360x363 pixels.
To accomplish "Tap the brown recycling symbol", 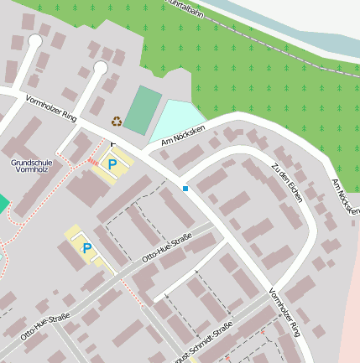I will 117,121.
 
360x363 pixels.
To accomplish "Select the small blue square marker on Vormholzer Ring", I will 185,189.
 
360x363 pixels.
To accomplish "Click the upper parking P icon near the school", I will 112,164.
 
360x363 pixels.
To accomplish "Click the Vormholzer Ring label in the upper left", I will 51,110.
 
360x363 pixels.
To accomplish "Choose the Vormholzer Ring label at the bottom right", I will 284,313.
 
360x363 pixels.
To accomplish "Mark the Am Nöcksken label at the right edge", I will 345,196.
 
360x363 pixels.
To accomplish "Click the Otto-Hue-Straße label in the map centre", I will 167,248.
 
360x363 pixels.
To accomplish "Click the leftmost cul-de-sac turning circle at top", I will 34,40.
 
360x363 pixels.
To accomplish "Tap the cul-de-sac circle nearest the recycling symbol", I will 101,67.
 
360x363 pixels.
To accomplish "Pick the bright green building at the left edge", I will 3,204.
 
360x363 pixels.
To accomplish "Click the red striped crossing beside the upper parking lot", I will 91,160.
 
